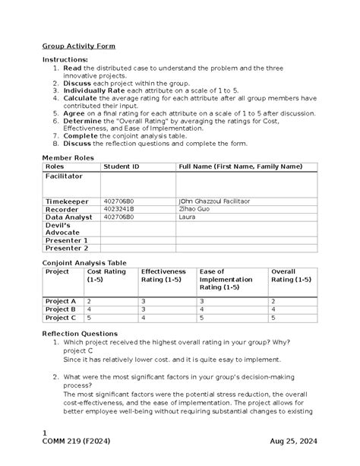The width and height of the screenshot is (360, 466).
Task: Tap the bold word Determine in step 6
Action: pyautogui.click(x=81, y=120)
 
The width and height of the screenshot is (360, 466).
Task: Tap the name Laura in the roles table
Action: pyautogui.click(x=185, y=217)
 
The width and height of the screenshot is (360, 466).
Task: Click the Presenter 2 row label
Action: pyautogui.click(x=67, y=248)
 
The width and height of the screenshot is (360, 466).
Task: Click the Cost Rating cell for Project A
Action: pyautogui.click(x=90, y=301)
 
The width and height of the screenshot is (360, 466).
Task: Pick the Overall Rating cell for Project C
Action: pyautogui.click(x=274, y=319)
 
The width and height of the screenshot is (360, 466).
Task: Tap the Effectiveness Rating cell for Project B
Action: pyautogui.click(x=144, y=310)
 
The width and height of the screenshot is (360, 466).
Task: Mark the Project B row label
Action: pyautogui.click(x=61, y=310)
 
